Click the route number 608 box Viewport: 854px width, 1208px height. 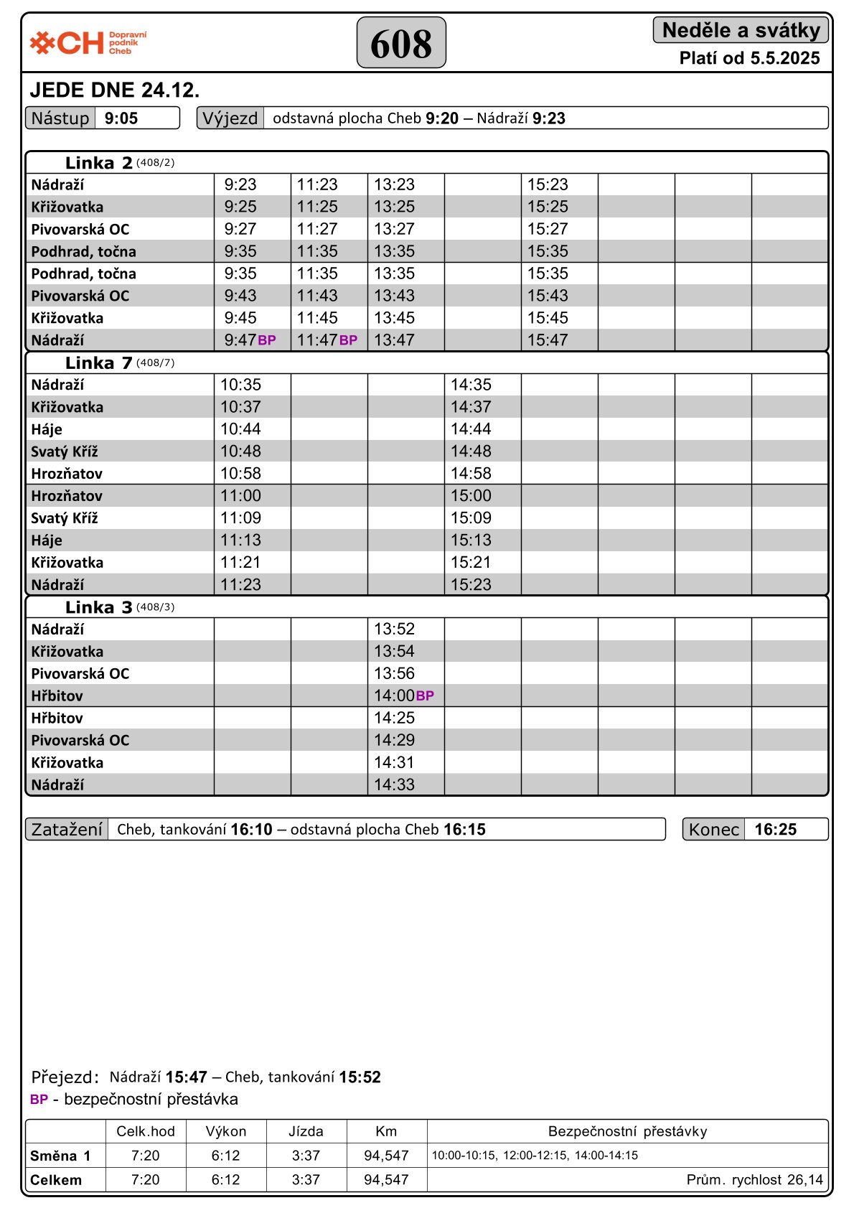point(401,43)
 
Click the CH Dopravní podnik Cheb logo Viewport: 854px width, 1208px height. point(88,43)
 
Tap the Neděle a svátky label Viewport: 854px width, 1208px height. point(741,30)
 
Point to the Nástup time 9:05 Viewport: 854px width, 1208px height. point(121,118)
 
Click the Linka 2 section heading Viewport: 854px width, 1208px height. point(99,163)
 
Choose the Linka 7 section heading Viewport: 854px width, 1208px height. point(99,363)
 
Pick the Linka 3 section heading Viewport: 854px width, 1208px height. point(99,607)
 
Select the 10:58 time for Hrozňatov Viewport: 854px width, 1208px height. point(240,474)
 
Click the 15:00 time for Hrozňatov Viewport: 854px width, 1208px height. point(471,496)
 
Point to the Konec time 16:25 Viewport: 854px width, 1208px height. point(775,830)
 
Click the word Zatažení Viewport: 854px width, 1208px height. point(67,830)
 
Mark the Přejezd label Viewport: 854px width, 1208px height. point(65,1077)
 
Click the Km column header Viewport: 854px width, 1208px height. point(386,1131)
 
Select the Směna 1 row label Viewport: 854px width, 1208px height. point(60,1156)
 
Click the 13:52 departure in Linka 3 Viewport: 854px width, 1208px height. point(394,629)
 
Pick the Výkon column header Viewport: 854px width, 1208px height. point(226,1131)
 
